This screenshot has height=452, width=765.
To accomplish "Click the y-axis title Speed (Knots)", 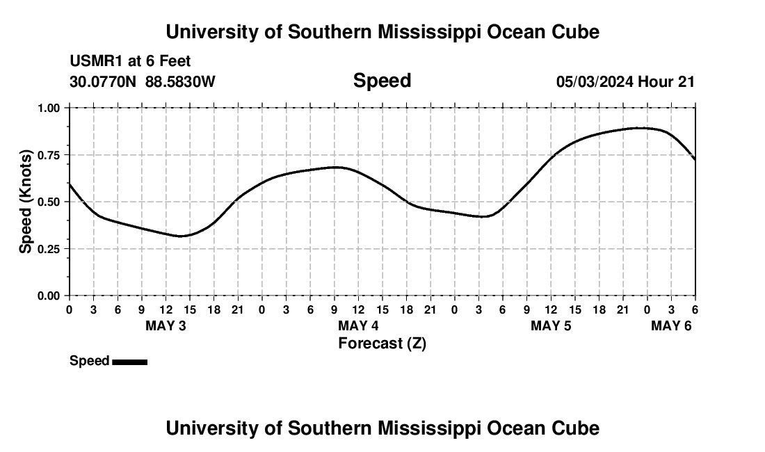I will (x=26, y=202).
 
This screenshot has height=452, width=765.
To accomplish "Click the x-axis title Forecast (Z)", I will (x=382, y=344).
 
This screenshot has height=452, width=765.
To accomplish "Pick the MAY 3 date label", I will (x=166, y=326).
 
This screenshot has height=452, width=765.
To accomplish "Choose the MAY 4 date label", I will (x=358, y=326).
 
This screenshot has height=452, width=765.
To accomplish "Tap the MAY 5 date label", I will (x=551, y=326).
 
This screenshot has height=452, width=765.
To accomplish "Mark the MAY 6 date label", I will (x=671, y=326).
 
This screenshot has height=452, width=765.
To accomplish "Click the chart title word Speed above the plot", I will (x=382, y=81).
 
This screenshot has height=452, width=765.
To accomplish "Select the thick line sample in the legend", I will (x=129, y=362).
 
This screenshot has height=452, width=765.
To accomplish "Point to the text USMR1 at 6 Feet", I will (x=130, y=62).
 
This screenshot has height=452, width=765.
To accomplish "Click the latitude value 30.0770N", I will (x=104, y=81).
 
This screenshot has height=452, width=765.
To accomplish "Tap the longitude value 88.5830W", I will (x=180, y=81).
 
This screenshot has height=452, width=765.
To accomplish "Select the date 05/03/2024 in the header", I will (x=595, y=81).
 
